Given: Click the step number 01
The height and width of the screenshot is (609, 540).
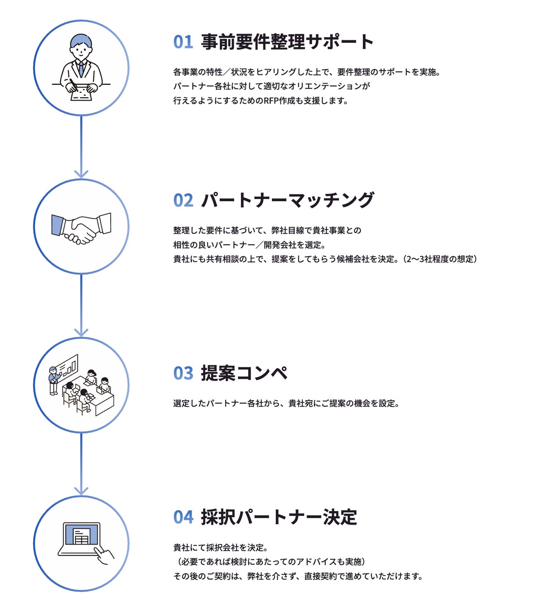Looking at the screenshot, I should (183, 42).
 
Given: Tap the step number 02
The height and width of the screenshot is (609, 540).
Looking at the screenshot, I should (183, 200).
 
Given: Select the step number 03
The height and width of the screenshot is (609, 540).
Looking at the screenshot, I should (183, 374).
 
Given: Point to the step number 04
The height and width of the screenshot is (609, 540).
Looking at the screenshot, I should (183, 517).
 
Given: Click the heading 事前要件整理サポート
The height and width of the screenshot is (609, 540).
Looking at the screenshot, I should (288, 42).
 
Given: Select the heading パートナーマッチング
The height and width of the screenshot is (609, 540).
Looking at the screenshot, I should (288, 200).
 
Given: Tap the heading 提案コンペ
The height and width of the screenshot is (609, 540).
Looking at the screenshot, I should (244, 374).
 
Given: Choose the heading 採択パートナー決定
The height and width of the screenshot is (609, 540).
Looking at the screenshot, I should (279, 517).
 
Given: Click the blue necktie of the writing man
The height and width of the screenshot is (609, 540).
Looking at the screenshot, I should (81, 69).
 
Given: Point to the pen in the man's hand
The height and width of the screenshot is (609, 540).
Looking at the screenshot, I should (72, 83).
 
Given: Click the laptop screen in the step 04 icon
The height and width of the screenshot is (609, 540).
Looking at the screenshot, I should (82, 535).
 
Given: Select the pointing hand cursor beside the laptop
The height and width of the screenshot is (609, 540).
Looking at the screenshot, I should (104, 555).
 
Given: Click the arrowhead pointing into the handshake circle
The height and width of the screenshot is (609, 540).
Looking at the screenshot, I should (81, 174).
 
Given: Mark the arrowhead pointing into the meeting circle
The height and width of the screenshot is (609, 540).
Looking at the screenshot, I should (81, 332).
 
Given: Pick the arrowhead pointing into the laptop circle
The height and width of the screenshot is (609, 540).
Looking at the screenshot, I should (81, 490).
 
